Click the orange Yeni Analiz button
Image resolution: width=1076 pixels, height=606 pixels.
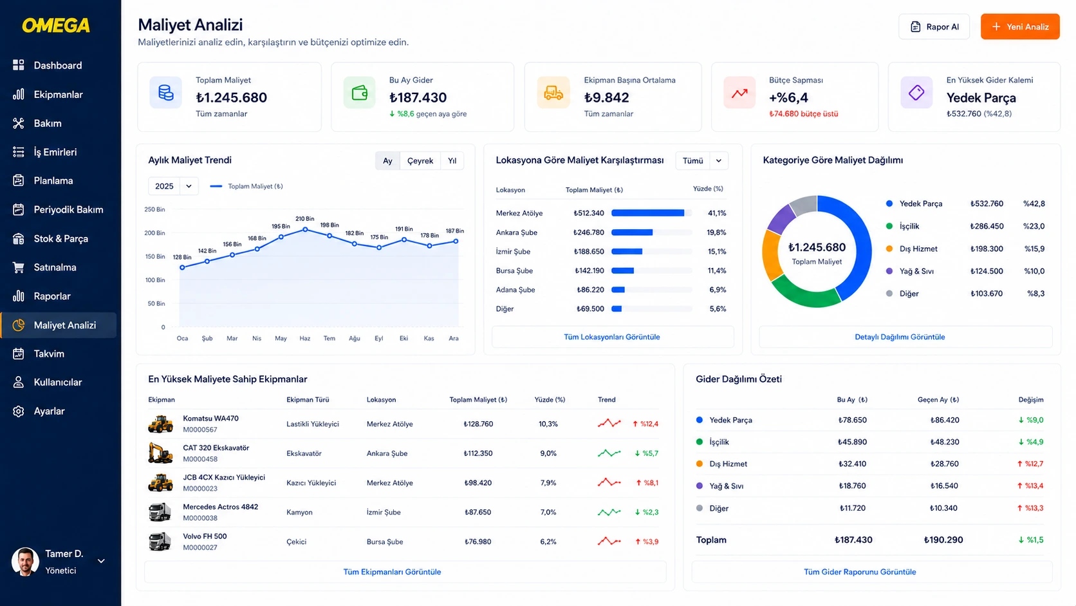pos(1020,27)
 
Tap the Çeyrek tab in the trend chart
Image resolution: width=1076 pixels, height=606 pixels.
pos(420,160)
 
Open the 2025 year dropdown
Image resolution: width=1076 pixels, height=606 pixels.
pos(173,186)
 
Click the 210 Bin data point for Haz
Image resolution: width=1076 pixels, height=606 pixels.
pos(305,230)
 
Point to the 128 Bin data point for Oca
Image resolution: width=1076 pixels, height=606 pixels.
pos(182,268)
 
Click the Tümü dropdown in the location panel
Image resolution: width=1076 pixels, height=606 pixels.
pos(702,160)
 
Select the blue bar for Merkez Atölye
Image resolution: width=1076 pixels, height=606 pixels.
pos(647,213)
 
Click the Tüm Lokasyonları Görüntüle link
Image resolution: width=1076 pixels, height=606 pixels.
pos(611,337)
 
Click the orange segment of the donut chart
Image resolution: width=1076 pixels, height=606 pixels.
pos(770,255)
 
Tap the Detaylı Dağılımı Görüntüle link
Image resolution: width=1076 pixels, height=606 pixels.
pos(900,337)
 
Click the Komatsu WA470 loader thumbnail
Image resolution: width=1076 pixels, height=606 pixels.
pos(160,424)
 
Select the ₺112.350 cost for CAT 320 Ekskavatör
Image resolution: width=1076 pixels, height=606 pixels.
pos(478,453)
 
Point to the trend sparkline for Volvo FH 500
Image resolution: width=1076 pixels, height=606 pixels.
pos(609,541)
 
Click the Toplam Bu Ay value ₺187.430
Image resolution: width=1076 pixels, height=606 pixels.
pos(853,540)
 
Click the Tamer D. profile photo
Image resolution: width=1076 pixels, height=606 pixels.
pos(25,562)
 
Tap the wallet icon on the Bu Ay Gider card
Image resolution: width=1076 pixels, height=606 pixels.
pos(359,92)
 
